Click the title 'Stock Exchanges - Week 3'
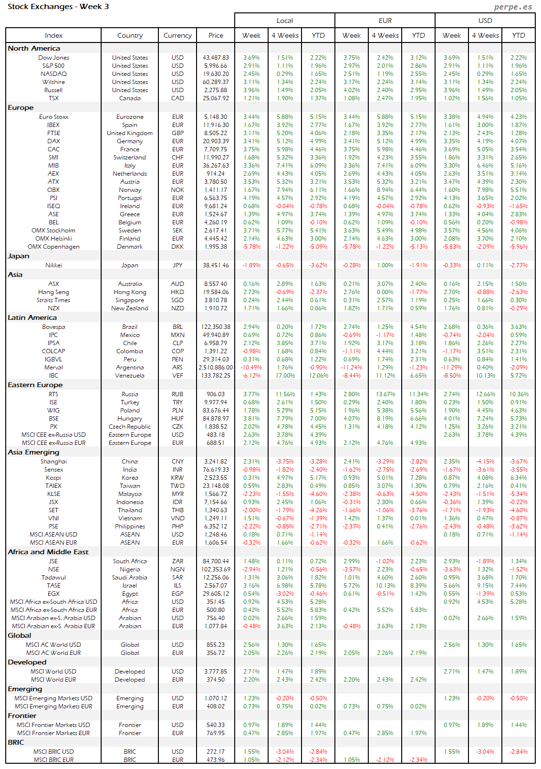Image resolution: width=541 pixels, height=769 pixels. coord(58,7)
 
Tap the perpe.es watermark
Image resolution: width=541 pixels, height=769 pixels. coord(513,7)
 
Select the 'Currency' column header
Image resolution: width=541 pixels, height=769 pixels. coord(177,35)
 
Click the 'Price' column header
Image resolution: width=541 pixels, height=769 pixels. coord(216,35)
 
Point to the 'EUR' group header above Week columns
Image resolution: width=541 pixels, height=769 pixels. coord(385,21)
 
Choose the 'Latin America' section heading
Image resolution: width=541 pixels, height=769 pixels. coord(32,317)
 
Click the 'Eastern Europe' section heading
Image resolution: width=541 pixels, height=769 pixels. coord(35,385)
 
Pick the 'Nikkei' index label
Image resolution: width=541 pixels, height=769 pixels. coord(53,265)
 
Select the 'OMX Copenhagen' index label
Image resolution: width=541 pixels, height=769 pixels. coord(53,247)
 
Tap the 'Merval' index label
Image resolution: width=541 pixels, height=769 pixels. coord(53,368)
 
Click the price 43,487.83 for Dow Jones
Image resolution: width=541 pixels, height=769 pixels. coord(216,58)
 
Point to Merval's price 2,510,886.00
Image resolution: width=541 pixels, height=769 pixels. coord(216,368)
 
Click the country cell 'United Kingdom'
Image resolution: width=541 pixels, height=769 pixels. coord(130,133)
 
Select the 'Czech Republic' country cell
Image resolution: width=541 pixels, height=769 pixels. coord(130,427)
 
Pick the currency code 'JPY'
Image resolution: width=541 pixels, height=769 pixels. coord(177,265)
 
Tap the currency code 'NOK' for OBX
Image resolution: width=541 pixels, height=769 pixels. coord(177,190)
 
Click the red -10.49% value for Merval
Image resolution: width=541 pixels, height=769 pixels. coord(251,368)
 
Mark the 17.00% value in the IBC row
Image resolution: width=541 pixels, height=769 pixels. coord(285,376)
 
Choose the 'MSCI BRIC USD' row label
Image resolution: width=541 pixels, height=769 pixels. coord(53,752)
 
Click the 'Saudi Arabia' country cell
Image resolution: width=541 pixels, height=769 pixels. coord(130,578)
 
